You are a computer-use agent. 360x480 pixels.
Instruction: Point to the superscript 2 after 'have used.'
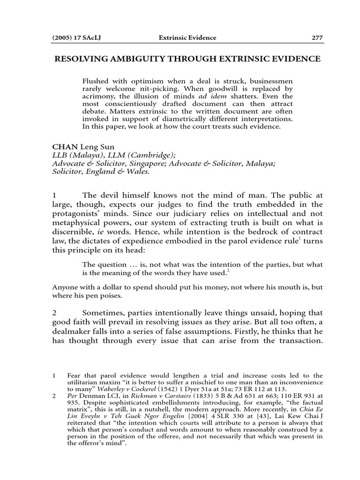(x=228, y=270)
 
